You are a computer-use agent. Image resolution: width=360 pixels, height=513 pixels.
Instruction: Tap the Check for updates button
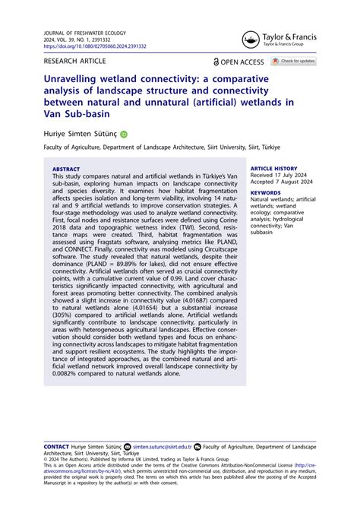293,61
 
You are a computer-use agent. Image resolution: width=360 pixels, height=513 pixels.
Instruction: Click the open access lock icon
217,62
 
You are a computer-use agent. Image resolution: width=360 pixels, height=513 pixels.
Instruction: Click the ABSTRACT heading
67,169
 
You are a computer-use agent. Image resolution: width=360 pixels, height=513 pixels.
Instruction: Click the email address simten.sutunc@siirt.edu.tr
162,448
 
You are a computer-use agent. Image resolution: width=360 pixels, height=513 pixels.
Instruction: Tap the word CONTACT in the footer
56,448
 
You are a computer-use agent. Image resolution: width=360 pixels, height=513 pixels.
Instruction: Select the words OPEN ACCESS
243,62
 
